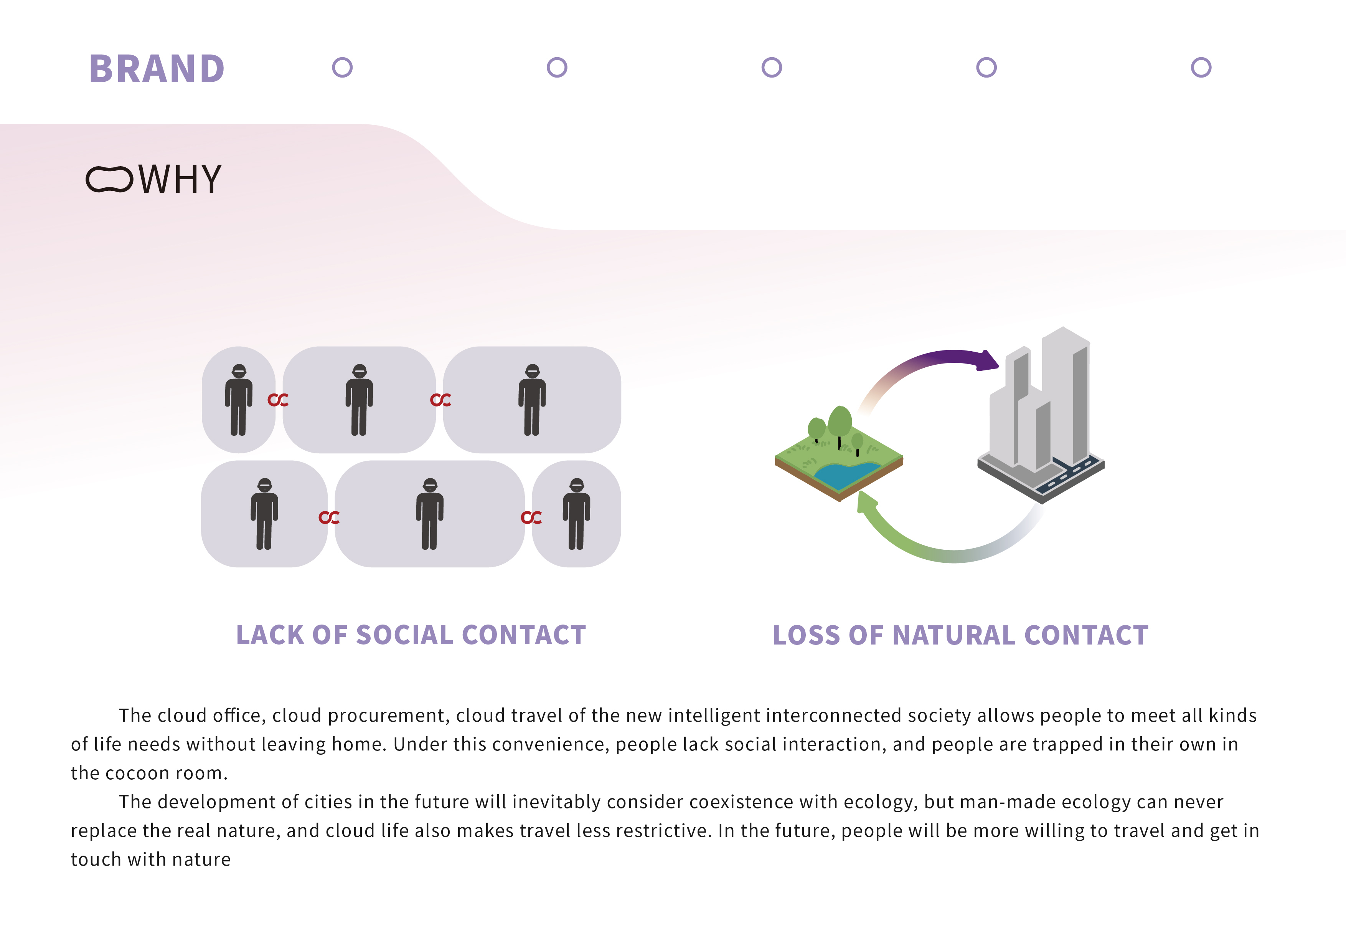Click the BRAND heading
click(157, 69)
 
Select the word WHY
click(180, 179)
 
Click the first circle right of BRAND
click(342, 68)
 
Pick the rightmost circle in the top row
click(1201, 68)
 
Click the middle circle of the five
click(772, 68)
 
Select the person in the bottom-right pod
click(576, 514)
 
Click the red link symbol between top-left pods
click(278, 400)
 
